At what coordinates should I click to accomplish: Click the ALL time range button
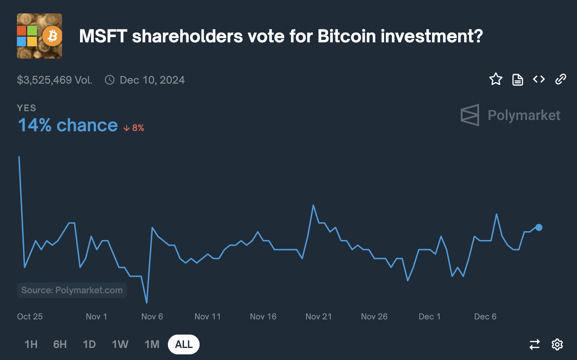click(x=184, y=344)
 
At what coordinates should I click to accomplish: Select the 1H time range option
click(x=31, y=344)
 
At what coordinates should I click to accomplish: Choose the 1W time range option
click(x=120, y=344)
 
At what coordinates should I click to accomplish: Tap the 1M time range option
click(x=152, y=344)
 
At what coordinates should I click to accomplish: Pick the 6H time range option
click(x=60, y=344)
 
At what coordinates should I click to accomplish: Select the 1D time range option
click(x=89, y=344)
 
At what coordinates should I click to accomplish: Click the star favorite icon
click(x=496, y=79)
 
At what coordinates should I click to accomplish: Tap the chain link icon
click(x=560, y=79)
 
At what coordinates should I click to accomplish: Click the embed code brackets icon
click(x=539, y=79)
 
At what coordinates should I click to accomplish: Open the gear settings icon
click(x=557, y=344)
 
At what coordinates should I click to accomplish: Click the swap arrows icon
click(x=535, y=344)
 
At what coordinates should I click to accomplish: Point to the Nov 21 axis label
click(x=318, y=317)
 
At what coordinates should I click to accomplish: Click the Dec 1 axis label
click(x=430, y=317)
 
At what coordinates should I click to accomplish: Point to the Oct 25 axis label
click(x=30, y=317)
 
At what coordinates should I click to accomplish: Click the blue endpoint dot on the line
click(x=539, y=228)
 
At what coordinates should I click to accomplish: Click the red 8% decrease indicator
click(x=134, y=128)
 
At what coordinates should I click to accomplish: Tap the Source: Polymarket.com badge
click(x=72, y=290)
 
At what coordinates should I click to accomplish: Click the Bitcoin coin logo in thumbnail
click(x=52, y=36)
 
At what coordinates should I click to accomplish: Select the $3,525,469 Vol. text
click(x=55, y=80)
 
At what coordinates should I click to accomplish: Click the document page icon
click(x=517, y=80)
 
